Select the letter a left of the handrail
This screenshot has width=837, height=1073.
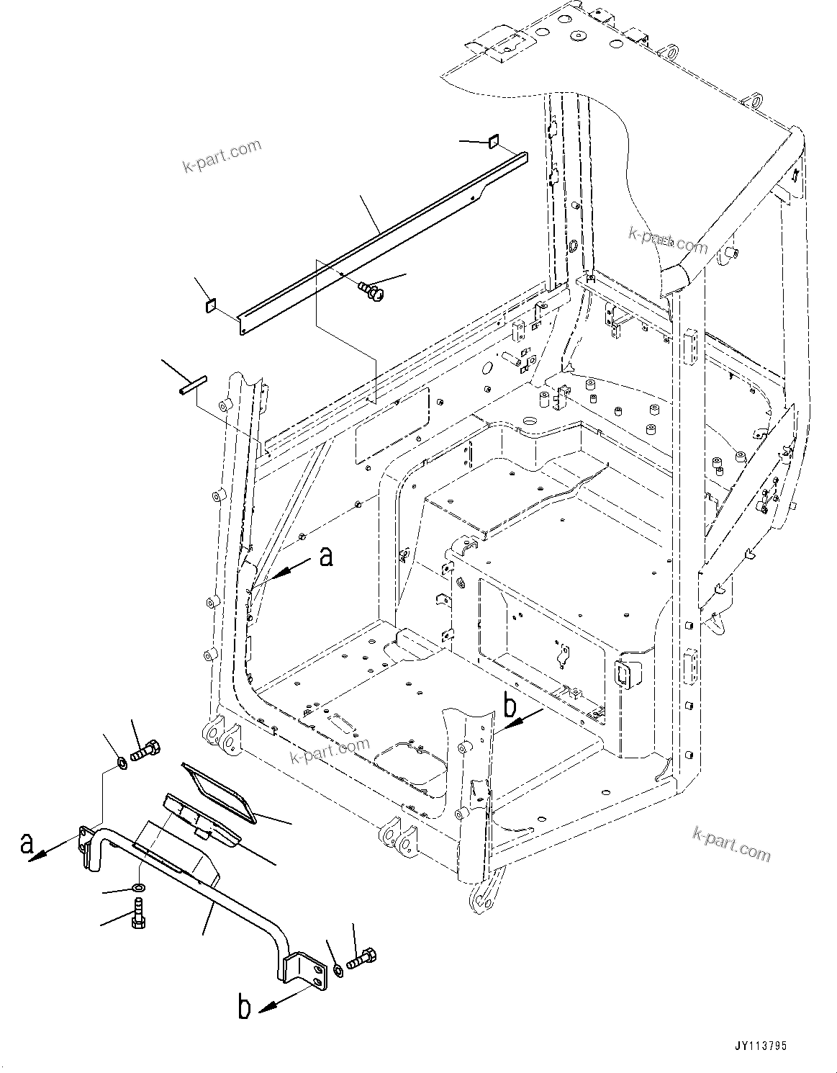click(x=27, y=843)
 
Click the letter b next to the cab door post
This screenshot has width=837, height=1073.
click(x=510, y=708)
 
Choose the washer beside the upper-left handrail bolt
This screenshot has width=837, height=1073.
click(x=122, y=762)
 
